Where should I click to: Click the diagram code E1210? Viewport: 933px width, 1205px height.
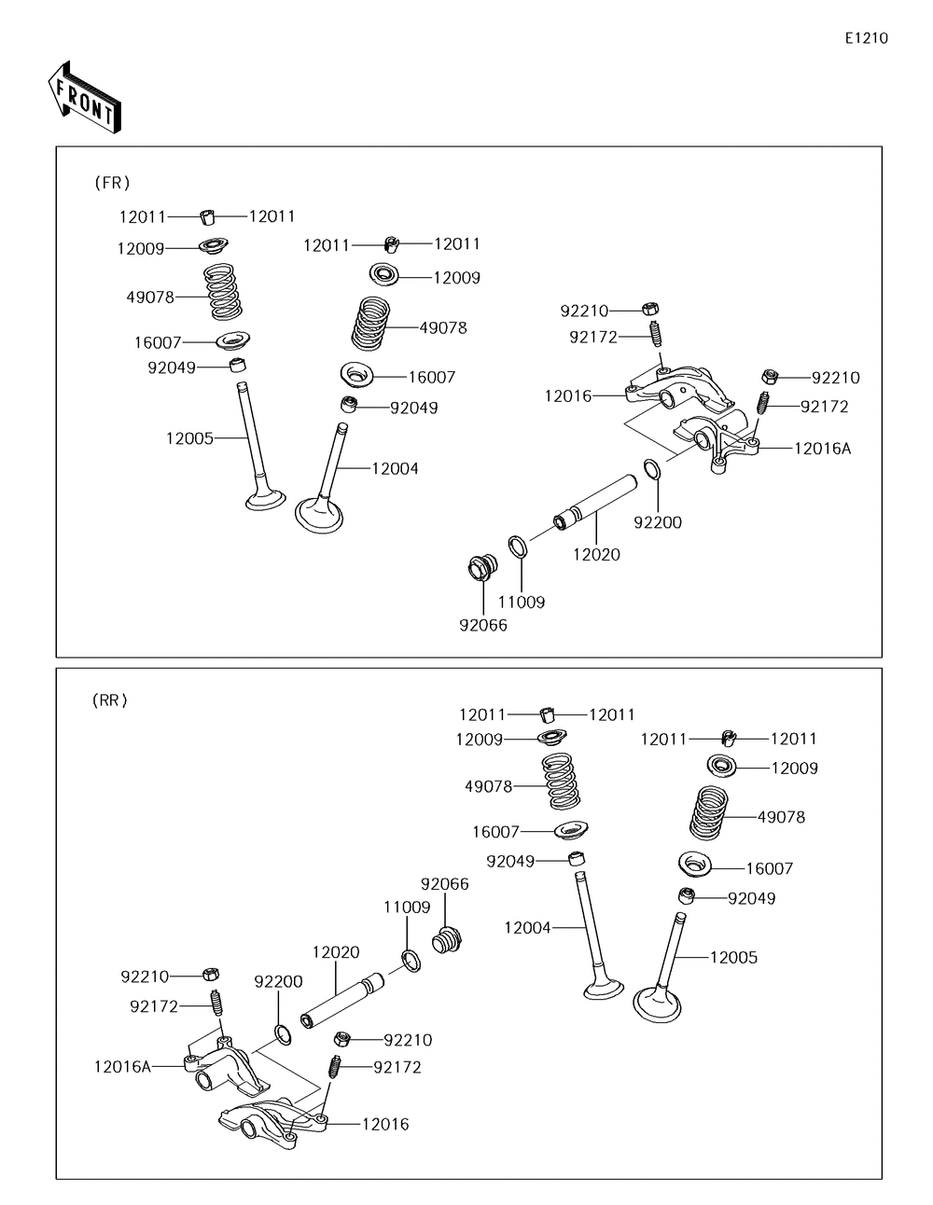pos(866,38)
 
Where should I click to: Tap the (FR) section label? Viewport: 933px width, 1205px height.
pos(112,183)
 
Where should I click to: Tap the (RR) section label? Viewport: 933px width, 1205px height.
pos(110,700)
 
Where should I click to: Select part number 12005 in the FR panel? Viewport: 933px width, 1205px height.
pos(190,437)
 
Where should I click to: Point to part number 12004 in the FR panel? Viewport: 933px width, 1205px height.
pos(395,468)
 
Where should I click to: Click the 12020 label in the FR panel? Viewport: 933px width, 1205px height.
pos(596,554)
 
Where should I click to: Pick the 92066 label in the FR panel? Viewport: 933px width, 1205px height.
pos(483,625)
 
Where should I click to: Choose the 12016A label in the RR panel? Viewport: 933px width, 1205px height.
pos(122,1066)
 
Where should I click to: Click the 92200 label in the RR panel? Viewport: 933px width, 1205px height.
pos(279,981)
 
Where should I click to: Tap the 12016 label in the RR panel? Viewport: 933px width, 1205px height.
pos(385,1124)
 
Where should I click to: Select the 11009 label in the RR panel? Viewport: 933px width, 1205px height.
pos(407,907)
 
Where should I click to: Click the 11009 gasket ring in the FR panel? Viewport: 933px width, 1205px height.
pos(519,545)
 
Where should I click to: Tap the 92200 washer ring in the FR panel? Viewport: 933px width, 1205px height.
pos(654,469)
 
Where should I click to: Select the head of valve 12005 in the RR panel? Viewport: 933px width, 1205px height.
pos(657,1004)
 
